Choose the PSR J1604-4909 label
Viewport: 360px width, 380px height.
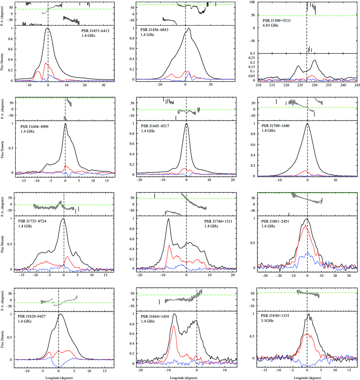pyautogui.click(x=36, y=126)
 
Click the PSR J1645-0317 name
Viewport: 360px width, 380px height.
pyautogui.click(x=157, y=126)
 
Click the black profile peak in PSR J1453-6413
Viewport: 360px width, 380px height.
pyautogui.click(x=47, y=29)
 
